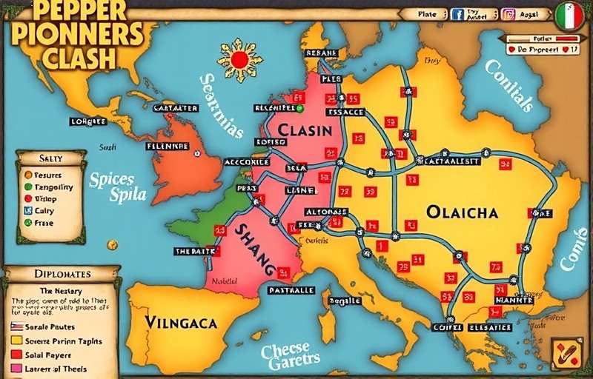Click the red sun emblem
pyautogui.click(x=239, y=58)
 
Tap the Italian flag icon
pyautogui.click(x=569, y=15)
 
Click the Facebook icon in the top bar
pyautogui.click(x=457, y=14)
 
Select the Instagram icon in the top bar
pyautogui.click(x=508, y=14)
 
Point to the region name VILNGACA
pyautogui.click(x=181, y=322)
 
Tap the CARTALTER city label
pyautogui.click(x=176, y=108)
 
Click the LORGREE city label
pyautogui.click(x=88, y=121)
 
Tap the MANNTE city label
pyautogui.click(x=514, y=301)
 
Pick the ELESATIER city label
pyautogui.click(x=488, y=327)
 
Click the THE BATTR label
pyautogui.click(x=193, y=251)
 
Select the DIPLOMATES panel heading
pyautogui.click(x=62, y=274)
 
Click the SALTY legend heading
pyautogui.click(x=50, y=158)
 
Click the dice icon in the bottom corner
pyautogui.click(x=566, y=354)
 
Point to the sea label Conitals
pyautogui.click(x=509, y=85)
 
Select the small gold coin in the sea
pyautogui.click(x=112, y=244)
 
